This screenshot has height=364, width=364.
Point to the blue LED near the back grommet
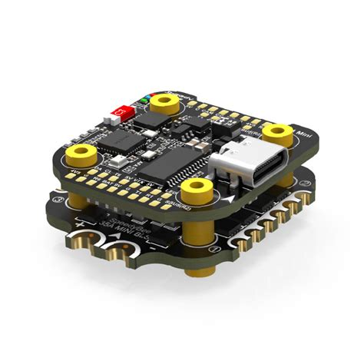144,98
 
